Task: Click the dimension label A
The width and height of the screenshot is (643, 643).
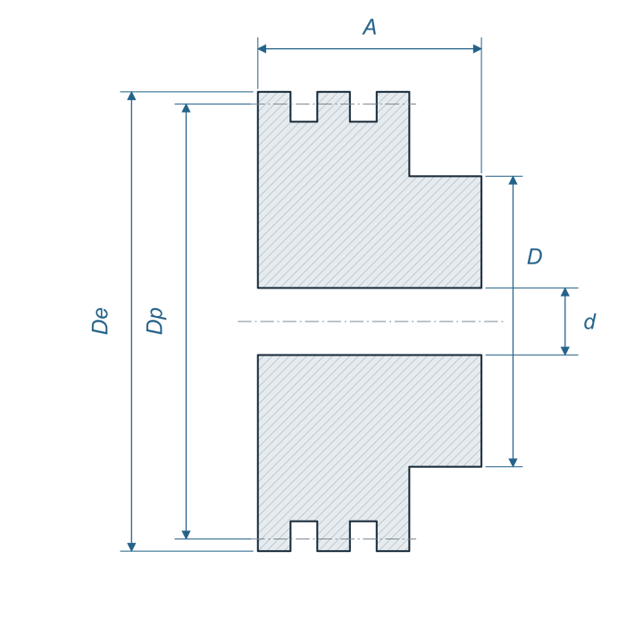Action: [370, 27]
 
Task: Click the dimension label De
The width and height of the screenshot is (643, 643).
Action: [100, 321]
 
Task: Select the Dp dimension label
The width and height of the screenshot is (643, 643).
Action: [156, 321]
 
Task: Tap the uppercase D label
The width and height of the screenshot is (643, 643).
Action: [535, 256]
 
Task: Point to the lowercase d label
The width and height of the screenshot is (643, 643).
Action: [589, 321]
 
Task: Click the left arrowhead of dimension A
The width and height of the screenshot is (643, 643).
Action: [262, 49]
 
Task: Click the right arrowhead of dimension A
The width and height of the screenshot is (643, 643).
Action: [477, 49]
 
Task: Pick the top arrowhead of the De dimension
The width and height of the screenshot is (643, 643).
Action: [131, 96]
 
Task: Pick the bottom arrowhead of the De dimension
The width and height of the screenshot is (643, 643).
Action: [131, 547]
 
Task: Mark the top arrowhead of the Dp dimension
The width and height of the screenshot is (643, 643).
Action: [186, 108]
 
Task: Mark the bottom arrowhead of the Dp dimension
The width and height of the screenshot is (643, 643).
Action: [186, 534]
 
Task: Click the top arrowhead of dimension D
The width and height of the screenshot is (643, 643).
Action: [513, 180]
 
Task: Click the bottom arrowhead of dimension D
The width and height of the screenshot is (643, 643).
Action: [513, 463]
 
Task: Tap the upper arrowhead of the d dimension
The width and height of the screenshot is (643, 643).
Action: [565, 292]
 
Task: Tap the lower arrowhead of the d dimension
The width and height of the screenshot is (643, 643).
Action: [565, 351]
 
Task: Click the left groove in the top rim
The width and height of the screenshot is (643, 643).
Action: [304, 106]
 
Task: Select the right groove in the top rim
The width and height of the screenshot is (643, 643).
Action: [363, 106]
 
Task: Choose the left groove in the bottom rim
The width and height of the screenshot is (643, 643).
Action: [304, 536]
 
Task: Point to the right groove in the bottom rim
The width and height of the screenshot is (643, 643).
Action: [363, 536]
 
